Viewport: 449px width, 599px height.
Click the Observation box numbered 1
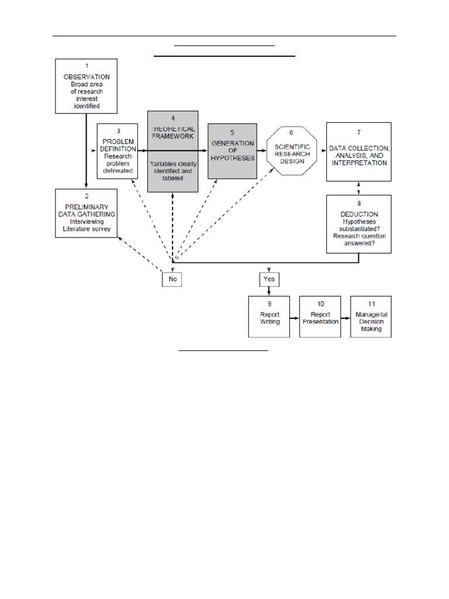[x=87, y=86]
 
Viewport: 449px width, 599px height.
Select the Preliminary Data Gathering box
[x=87, y=213]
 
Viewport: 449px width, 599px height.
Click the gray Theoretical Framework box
[x=172, y=151]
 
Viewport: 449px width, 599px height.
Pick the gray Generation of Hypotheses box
[x=232, y=150]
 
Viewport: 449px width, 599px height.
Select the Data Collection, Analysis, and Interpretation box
[x=358, y=152]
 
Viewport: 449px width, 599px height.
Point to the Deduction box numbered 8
[x=358, y=225]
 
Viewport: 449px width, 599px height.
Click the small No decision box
[x=172, y=280]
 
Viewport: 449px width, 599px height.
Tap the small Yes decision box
[x=269, y=280]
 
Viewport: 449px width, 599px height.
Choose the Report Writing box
[x=270, y=316]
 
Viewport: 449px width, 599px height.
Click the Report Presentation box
[x=320, y=316]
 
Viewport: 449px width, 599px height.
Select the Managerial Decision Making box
[x=371, y=316]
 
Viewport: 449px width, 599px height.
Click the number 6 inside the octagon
[x=291, y=133]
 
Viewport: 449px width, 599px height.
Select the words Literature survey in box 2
[x=87, y=229]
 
